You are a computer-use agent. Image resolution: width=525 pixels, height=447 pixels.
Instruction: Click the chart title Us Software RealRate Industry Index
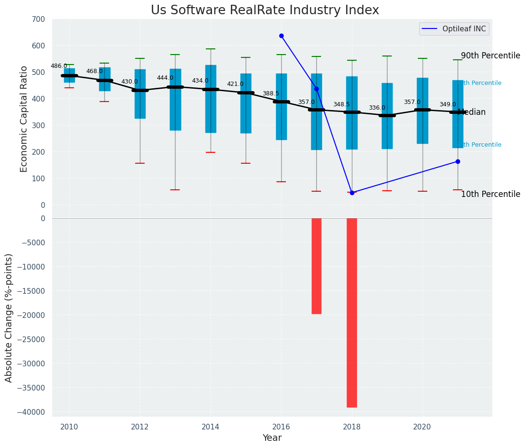click(265, 10)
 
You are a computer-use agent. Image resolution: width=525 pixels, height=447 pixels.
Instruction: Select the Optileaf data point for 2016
click(281, 36)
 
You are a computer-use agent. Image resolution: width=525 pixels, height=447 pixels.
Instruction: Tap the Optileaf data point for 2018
click(352, 193)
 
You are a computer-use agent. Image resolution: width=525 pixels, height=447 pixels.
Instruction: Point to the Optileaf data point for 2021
click(458, 161)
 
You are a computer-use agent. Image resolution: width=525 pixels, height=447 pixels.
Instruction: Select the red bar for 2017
click(316, 266)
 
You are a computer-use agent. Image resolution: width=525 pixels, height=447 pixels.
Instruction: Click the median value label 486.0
click(59, 66)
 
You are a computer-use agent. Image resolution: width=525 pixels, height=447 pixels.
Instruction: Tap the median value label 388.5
click(271, 93)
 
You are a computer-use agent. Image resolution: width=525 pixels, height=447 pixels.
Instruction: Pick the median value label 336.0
click(377, 108)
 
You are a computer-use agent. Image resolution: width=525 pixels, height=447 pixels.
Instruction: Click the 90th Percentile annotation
click(490, 56)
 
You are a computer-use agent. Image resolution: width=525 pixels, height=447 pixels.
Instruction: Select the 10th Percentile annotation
click(490, 194)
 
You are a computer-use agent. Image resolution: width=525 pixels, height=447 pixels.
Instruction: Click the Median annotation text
click(471, 112)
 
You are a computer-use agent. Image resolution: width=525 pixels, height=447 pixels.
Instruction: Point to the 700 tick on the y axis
click(39, 19)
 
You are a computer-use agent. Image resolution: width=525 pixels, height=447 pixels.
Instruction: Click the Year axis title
click(272, 438)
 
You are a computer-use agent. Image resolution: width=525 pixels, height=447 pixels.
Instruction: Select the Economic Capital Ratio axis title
click(24, 112)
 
